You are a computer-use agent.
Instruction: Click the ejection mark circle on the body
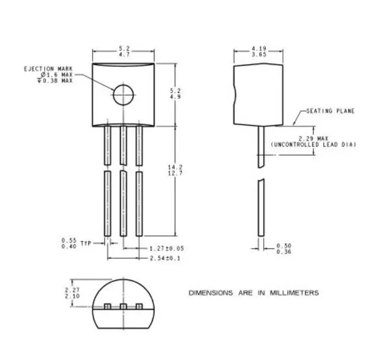click(x=123, y=95)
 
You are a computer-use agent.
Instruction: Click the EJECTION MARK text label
click(x=47, y=69)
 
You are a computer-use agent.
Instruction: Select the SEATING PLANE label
click(x=326, y=111)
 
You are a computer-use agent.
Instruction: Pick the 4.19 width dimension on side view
click(x=259, y=49)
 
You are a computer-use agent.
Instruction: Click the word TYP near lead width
click(x=86, y=243)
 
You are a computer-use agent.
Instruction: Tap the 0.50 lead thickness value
click(x=283, y=246)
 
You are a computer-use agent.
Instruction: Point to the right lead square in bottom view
click(x=140, y=307)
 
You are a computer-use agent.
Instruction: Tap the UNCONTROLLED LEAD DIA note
click(x=313, y=145)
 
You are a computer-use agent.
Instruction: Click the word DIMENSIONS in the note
click(x=211, y=293)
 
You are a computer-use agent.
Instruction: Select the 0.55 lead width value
click(x=69, y=240)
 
